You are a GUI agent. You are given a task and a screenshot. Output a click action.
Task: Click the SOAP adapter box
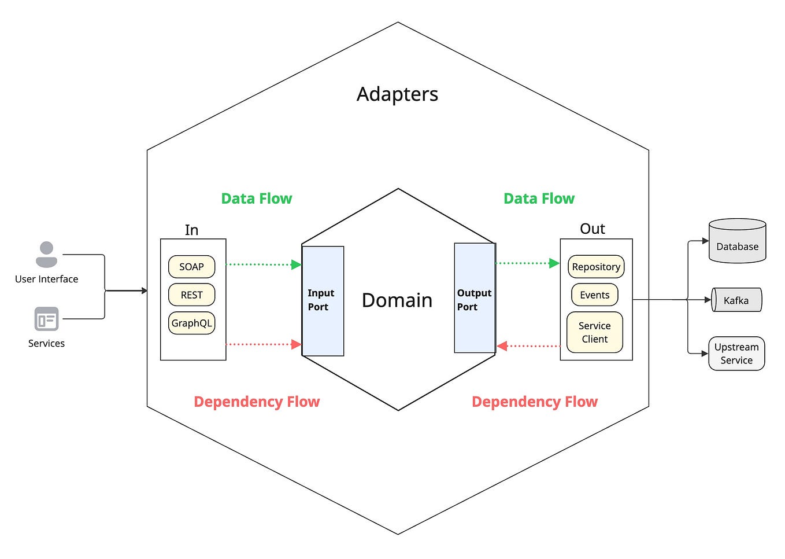click(x=191, y=267)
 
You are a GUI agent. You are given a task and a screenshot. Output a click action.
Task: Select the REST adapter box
click(x=191, y=295)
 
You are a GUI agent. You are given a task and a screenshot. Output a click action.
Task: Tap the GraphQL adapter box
click(x=191, y=323)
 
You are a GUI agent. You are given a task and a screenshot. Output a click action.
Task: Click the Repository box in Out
click(x=596, y=267)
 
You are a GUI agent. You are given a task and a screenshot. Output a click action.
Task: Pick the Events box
click(x=594, y=295)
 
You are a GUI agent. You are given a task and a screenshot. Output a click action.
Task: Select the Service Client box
click(x=594, y=332)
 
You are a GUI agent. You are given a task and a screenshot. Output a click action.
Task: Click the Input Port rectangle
click(x=323, y=300)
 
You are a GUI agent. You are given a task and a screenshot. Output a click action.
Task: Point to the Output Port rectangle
click(x=475, y=299)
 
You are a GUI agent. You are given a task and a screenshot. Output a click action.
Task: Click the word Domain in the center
click(x=397, y=300)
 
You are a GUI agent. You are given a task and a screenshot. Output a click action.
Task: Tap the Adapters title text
click(x=397, y=94)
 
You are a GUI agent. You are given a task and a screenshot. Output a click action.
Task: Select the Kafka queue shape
click(x=736, y=300)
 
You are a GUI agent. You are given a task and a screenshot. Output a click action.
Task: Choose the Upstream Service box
click(x=736, y=354)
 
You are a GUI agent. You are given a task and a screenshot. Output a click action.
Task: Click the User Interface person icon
click(x=46, y=255)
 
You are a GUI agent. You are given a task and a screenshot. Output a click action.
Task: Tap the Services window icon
click(x=46, y=319)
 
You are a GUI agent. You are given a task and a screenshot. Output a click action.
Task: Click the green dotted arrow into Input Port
click(x=263, y=264)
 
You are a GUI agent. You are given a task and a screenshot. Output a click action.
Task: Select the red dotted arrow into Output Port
click(x=529, y=346)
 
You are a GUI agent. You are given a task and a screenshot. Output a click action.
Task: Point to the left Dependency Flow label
click(x=257, y=402)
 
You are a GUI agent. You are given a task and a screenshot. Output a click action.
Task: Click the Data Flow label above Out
click(x=539, y=198)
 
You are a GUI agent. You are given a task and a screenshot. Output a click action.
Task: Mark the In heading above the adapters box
click(x=191, y=230)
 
